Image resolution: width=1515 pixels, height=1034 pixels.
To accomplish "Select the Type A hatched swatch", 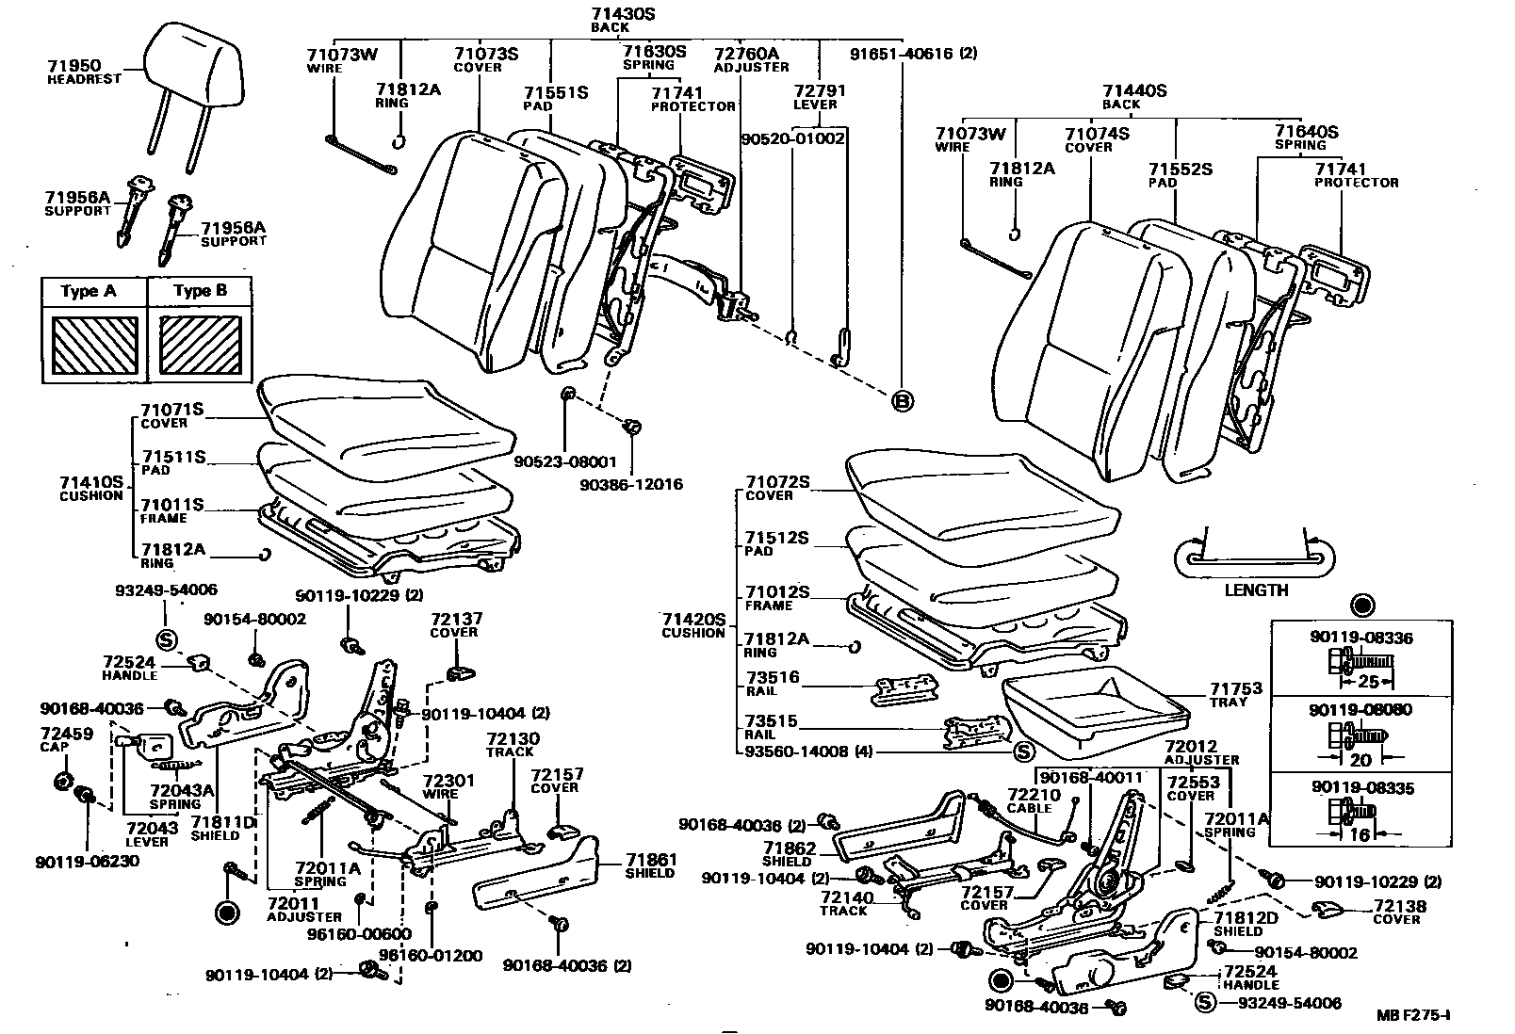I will [x=95, y=345].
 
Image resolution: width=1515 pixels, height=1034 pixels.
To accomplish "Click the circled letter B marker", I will [x=902, y=401].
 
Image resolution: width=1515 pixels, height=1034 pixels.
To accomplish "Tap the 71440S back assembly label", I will [x=1134, y=91].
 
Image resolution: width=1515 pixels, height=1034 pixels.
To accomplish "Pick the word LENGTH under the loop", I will [x=1256, y=590].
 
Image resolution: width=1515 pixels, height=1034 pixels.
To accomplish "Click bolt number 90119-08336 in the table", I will [x=1360, y=638].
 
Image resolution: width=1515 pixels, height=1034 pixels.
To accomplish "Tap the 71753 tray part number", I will [x=1236, y=689].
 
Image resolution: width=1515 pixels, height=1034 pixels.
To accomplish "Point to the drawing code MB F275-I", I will [x=1412, y=1015].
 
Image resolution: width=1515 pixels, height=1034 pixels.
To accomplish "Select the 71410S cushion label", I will [x=91, y=481].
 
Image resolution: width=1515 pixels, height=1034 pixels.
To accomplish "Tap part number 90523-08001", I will [x=564, y=462].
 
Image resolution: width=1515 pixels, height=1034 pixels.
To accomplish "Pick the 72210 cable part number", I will [x=1034, y=795].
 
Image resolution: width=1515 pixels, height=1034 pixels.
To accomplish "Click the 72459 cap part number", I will [x=67, y=733].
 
